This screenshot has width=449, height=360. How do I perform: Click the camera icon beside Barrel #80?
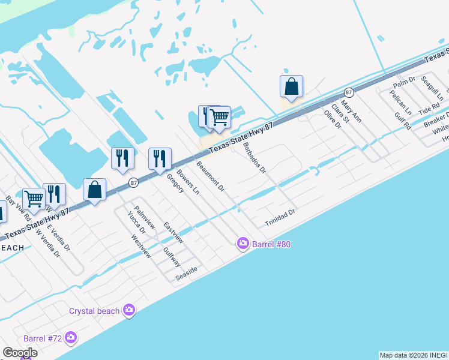pyautogui.click(x=243, y=243)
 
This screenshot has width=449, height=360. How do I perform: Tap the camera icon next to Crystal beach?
pyautogui.click(x=128, y=310)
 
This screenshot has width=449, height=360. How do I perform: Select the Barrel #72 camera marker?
pyautogui.click(x=71, y=338)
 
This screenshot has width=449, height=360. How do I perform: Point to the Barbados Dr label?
pyautogui.click(x=255, y=158)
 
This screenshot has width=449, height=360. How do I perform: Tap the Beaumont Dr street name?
pyautogui.click(x=210, y=176)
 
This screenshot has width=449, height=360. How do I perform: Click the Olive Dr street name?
pyautogui.click(x=333, y=119)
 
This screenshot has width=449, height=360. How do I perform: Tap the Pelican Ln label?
pyautogui.click(x=400, y=103)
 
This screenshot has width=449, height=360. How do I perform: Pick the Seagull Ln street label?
pyautogui.click(x=432, y=88)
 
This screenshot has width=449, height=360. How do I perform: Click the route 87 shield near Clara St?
pyautogui.click(x=349, y=92)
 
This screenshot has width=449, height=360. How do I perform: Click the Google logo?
pyautogui.click(x=20, y=353)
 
